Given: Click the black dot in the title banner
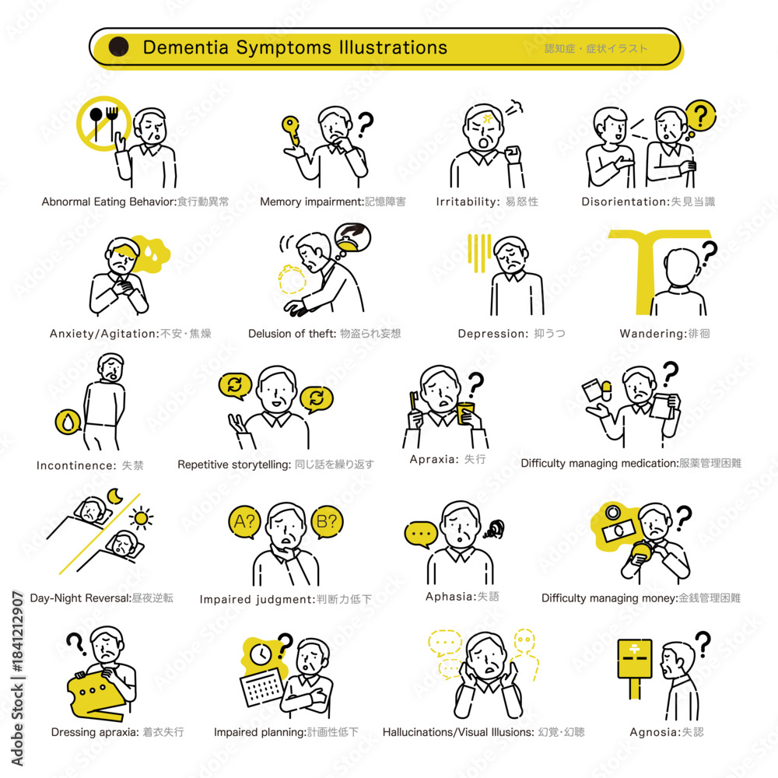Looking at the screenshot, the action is (x=118, y=47).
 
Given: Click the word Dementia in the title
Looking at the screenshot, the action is (x=186, y=47).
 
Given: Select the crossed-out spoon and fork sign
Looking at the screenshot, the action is (x=103, y=124).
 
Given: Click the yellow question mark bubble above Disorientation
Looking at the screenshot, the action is (x=700, y=117).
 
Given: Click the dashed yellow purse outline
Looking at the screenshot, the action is (x=292, y=280).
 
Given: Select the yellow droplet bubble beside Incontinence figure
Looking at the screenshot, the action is (x=68, y=422).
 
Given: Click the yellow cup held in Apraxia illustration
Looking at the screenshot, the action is (x=466, y=413).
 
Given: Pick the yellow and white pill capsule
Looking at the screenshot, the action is (x=606, y=391).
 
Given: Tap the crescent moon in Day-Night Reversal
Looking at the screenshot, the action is (x=115, y=496).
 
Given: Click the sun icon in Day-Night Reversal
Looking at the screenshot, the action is (x=141, y=518).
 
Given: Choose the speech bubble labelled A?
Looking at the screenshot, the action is (x=244, y=522).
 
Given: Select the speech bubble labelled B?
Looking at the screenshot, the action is (x=327, y=522).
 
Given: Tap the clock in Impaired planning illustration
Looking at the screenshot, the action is (x=261, y=654).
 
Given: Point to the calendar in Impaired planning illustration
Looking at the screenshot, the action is (x=262, y=686).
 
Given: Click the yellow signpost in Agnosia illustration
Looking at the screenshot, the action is (x=634, y=668).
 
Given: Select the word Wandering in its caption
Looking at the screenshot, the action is (x=652, y=334).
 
